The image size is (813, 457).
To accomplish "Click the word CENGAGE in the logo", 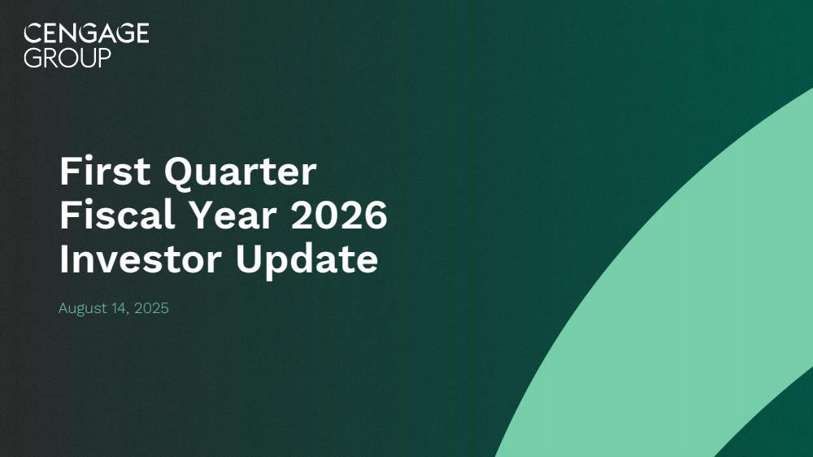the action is pos(87,33).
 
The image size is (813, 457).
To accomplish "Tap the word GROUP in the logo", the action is pos(67,57).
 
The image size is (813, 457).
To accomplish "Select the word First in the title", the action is pos(105,171).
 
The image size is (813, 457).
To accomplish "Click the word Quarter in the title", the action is pos(241,172).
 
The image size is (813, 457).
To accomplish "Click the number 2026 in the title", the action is pos(339,215).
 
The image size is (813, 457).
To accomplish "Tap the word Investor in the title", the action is pos(141,259).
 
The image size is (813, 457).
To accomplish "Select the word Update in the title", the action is pos(307,260).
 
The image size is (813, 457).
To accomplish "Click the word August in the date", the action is pos(83,309).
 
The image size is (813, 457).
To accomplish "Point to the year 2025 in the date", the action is pos(151,308).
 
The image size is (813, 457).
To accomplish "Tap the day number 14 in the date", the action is pos(120,308).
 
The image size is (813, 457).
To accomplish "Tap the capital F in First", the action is pos(69,171).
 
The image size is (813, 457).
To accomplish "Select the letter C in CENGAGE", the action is pos(33,33).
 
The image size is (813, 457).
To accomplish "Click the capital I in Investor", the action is pos(63,259).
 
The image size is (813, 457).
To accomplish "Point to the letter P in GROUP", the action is pos(104,57).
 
